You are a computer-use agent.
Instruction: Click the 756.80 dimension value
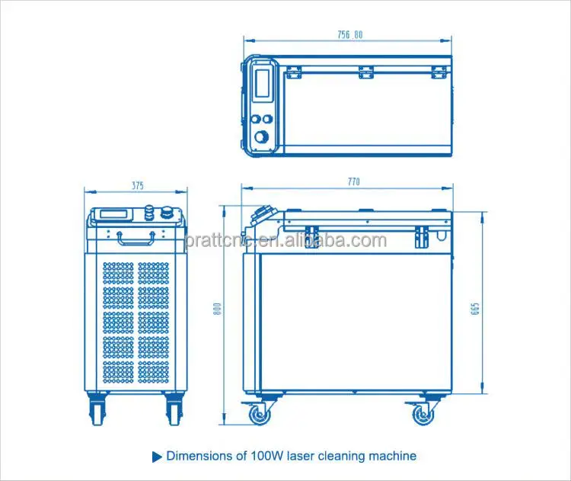point(350,34)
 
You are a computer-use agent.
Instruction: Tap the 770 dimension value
point(353,181)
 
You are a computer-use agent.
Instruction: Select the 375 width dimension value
point(138,186)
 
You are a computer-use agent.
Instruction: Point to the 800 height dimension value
point(217,309)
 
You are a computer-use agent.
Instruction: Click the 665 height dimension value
point(475,309)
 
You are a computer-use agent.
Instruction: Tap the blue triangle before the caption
point(157,457)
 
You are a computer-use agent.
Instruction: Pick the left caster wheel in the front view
point(97,409)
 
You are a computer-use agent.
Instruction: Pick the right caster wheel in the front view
point(174,409)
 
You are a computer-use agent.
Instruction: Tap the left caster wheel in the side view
point(260,414)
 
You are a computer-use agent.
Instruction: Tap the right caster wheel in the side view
point(423,414)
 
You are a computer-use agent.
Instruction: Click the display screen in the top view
point(262,83)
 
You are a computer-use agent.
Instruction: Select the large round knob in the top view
point(261,136)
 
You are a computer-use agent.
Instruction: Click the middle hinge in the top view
point(366,72)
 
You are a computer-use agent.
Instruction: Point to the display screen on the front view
point(113,214)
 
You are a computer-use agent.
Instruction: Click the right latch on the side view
point(422,236)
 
